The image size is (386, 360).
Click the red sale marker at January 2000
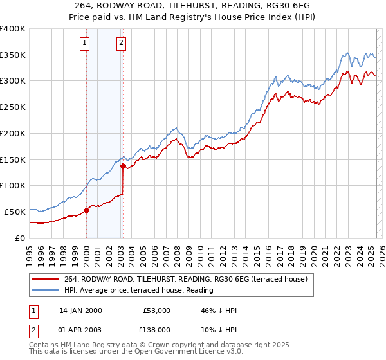[86, 210]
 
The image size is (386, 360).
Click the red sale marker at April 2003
[123, 166]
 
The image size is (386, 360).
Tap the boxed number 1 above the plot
[85, 44]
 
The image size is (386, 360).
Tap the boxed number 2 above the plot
[121, 44]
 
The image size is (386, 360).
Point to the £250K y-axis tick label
[13, 107]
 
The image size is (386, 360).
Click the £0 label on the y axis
[20, 238]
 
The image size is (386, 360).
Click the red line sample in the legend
[45, 279]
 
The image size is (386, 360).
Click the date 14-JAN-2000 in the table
[80, 310]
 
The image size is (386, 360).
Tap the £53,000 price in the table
[157, 310]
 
